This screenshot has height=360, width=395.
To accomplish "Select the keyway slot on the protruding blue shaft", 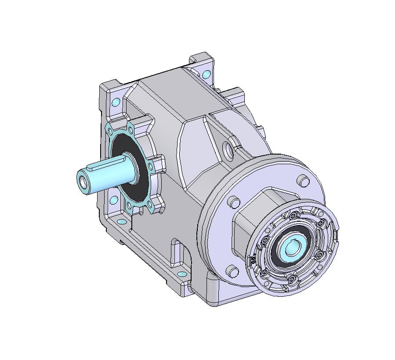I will point(103,166).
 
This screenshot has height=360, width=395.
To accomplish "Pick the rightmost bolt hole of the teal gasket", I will point(151,166).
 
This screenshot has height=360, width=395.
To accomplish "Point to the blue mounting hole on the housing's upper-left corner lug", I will point(116,102).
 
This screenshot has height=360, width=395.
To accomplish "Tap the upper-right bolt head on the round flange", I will point(303,180).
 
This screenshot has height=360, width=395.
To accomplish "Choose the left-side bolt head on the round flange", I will point(234,202).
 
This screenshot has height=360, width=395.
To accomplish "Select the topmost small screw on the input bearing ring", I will point(293,215).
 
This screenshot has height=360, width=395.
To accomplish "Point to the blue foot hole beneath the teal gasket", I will point(114,201).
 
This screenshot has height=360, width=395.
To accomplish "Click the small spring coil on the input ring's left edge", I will point(253,261).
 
